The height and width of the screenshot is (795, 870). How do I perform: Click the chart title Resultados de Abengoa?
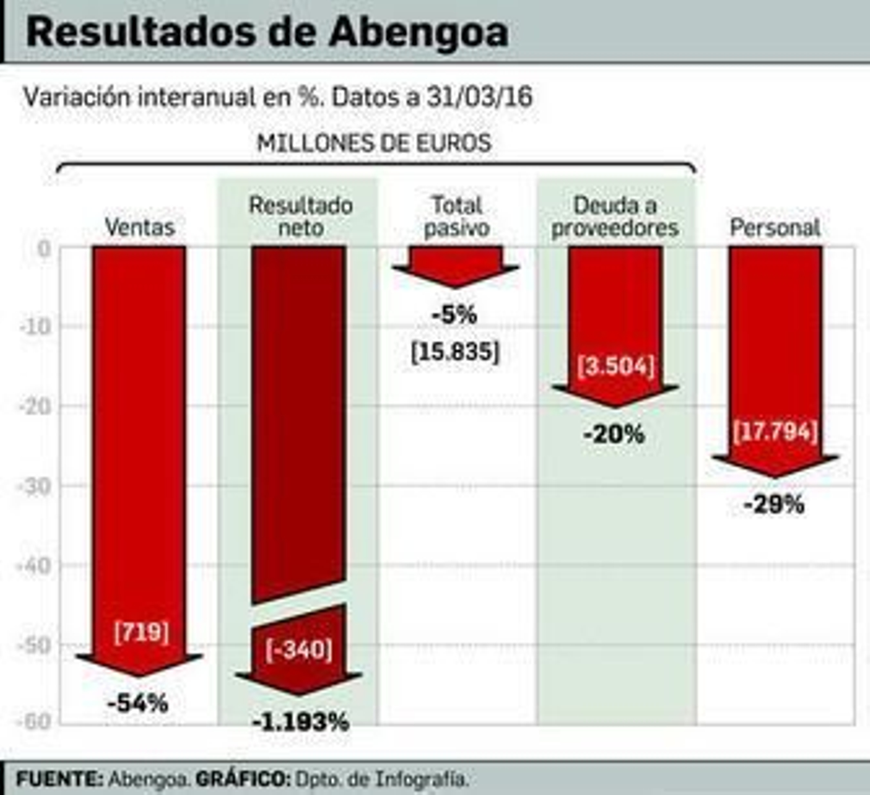pyautogui.click(x=267, y=32)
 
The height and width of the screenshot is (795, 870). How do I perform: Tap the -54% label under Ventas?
pyautogui.click(x=138, y=704)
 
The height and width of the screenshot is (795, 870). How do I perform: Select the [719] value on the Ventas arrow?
pyautogui.click(x=141, y=632)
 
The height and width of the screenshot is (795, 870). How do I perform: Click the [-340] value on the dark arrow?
pyautogui.click(x=299, y=649)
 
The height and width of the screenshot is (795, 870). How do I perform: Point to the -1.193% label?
pyautogui.click(x=300, y=722)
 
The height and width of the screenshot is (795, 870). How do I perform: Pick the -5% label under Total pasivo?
pyautogui.click(x=455, y=315)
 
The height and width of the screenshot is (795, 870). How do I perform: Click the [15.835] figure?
pyautogui.click(x=455, y=352)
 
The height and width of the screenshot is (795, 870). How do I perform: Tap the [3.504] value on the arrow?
pyautogui.click(x=616, y=366)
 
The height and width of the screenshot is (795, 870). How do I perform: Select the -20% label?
pyautogui.click(x=614, y=434)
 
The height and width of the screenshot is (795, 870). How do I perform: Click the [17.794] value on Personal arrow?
pyautogui.click(x=775, y=432)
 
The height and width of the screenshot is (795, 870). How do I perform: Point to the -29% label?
pyautogui.click(x=774, y=504)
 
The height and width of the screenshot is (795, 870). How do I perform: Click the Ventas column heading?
pyautogui.click(x=140, y=227)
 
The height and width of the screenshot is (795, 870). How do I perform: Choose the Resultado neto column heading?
pyautogui.click(x=301, y=217)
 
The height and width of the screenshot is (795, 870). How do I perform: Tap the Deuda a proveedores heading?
pyautogui.click(x=615, y=217)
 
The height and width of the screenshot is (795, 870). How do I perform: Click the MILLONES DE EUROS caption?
pyautogui.click(x=374, y=143)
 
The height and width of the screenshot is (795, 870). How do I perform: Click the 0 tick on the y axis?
pyautogui.click(x=44, y=249)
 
